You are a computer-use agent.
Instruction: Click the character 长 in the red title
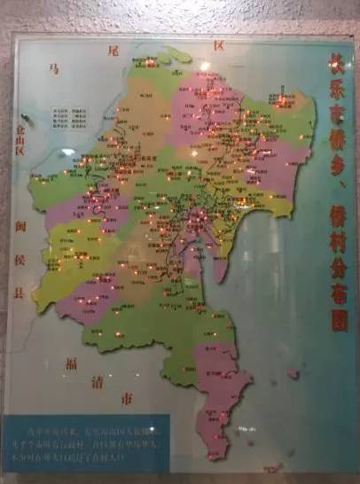(x=337, y=64)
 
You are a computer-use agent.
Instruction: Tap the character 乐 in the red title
(x=337, y=91)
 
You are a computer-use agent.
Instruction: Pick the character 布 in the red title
(x=338, y=292)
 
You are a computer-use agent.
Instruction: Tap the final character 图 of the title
(x=338, y=319)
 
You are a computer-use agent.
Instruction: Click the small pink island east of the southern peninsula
(x=293, y=373)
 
